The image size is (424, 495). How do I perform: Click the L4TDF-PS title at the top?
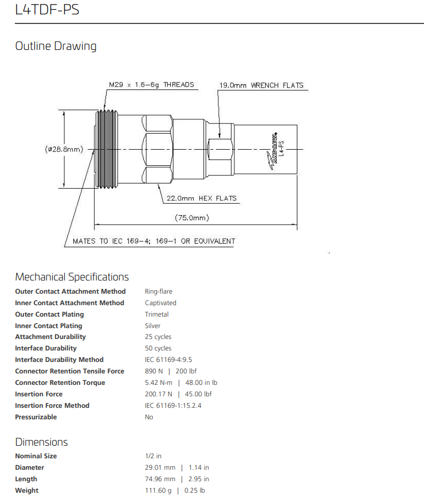pyautogui.click(x=39, y=10)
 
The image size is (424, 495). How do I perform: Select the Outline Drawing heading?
pyautogui.click(x=56, y=46)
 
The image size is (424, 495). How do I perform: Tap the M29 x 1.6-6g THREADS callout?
pyautogui.click(x=151, y=85)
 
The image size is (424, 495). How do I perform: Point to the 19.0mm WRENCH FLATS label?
pyautogui.click(x=261, y=85)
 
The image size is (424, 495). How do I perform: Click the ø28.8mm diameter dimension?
pyautogui.click(x=64, y=149)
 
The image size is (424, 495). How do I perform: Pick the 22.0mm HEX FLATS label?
pyautogui.click(x=201, y=198)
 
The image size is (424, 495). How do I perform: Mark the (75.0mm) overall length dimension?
pyautogui.click(x=192, y=217)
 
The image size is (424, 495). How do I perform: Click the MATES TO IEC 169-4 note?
pyautogui.click(x=154, y=241)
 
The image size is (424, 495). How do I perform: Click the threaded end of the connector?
pyautogui.click(x=106, y=149)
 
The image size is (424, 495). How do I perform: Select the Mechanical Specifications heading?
pyautogui.click(x=72, y=277)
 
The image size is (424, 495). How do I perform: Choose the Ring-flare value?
pyautogui.click(x=158, y=291)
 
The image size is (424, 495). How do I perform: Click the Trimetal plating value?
pyautogui.click(x=156, y=314)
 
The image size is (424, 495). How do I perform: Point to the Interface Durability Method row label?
pyautogui.click(x=59, y=360)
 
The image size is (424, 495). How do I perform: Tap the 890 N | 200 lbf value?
pyautogui.click(x=170, y=371)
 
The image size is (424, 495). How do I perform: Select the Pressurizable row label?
pyautogui.click(x=36, y=417)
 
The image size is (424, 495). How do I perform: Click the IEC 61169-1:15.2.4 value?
pyautogui.click(x=173, y=406)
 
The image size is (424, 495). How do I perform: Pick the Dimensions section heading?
pyautogui.click(x=41, y=442)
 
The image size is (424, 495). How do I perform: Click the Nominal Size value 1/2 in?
pyautogui.click(x=153, y=456)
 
